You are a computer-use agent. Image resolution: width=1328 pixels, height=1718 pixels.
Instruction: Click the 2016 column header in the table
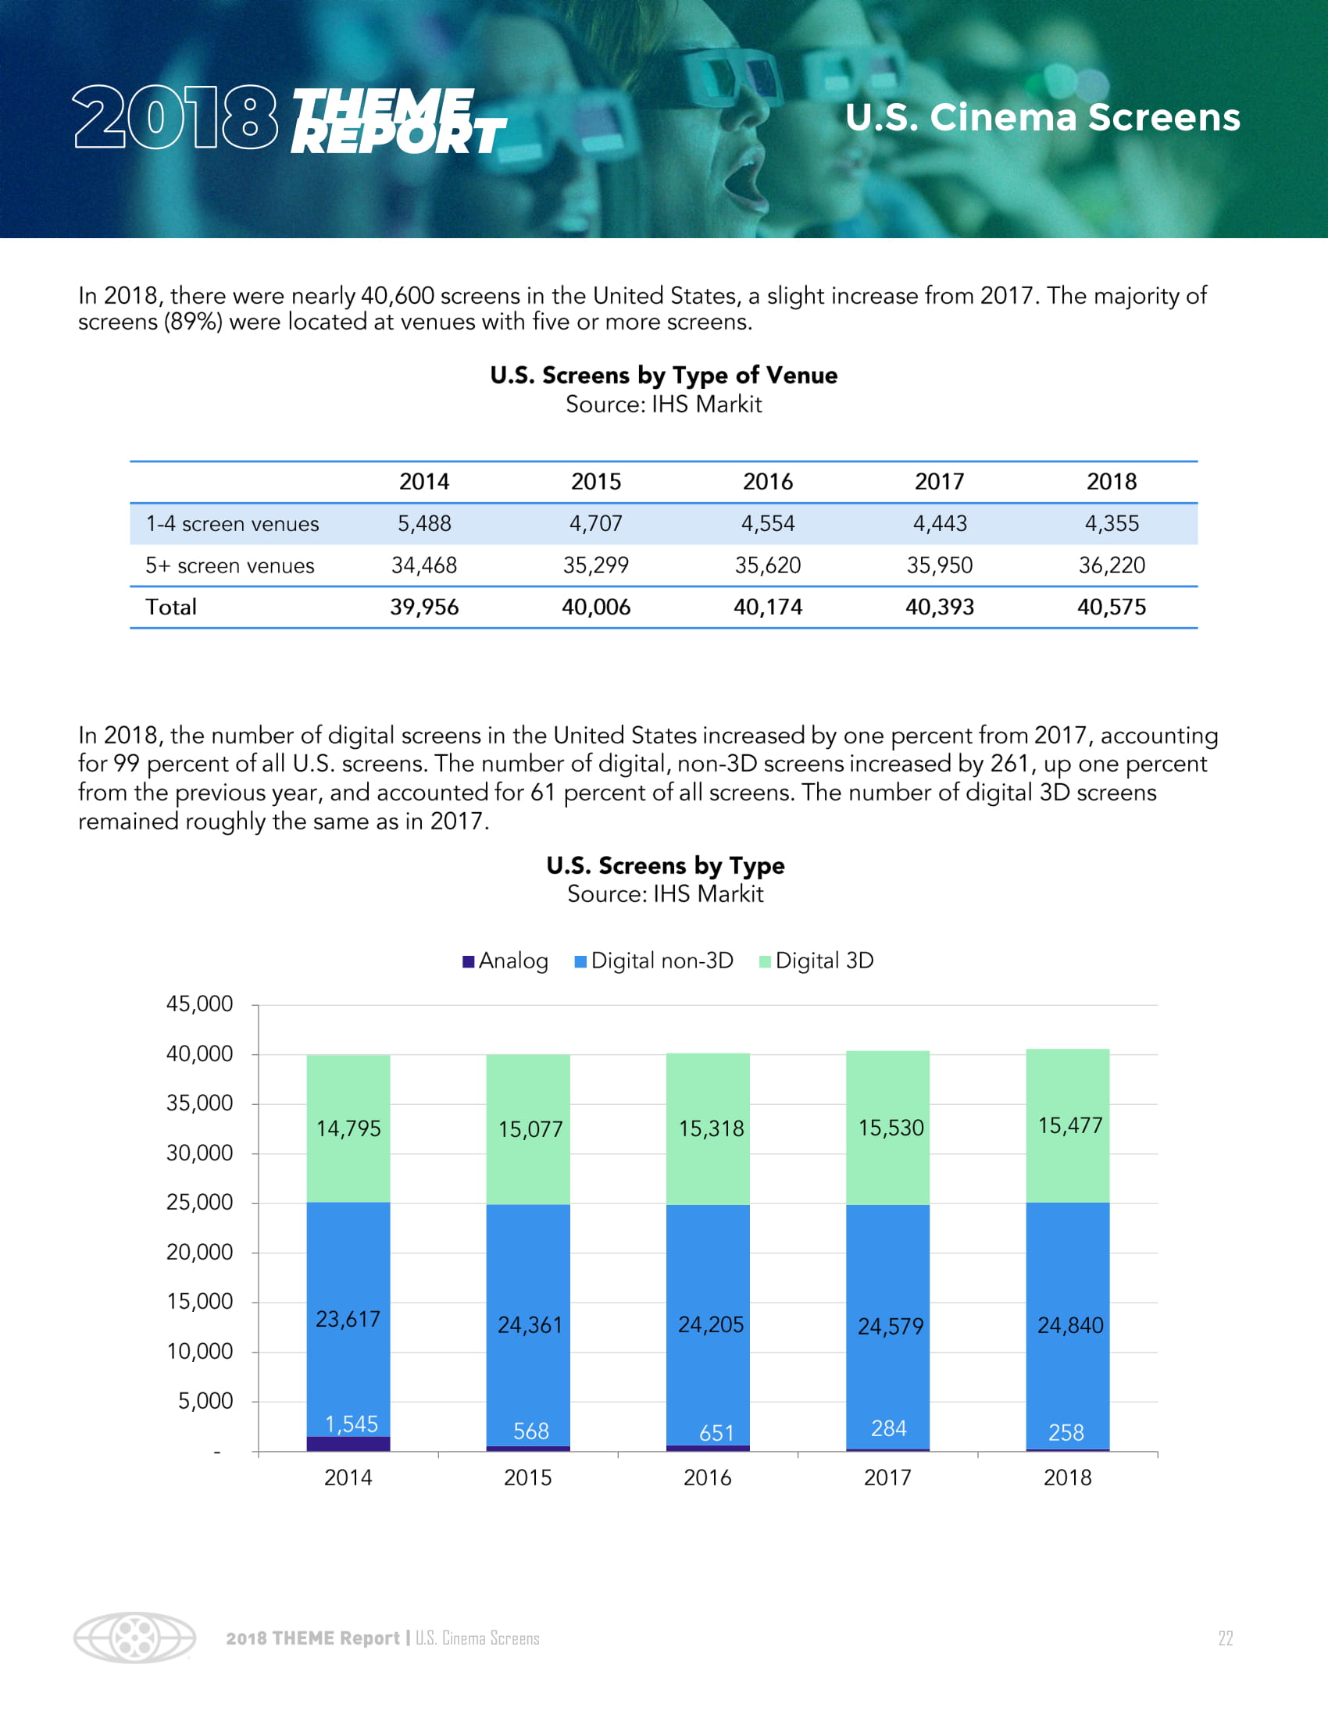click(768, 481)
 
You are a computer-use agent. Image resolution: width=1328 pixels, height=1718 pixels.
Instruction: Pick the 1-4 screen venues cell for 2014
click(424, 524)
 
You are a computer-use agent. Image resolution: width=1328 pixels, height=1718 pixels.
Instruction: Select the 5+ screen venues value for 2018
click(1111, 565)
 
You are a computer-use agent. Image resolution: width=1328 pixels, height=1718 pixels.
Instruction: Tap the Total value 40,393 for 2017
click(939, 608)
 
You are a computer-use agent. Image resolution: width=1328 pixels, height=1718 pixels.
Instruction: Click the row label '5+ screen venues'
click(230, 565)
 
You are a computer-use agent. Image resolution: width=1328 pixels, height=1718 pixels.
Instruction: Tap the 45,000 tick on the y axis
click(200, 1004)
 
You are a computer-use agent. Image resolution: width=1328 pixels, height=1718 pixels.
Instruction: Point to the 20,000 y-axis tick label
click(200, 1253)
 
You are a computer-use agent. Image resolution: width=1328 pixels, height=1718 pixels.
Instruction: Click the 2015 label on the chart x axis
click(528, 1478)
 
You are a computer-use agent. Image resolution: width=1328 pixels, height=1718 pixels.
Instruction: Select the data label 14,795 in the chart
click(348, 1130)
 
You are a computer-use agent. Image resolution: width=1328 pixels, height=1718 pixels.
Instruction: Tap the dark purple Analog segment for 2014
click(348, 1444)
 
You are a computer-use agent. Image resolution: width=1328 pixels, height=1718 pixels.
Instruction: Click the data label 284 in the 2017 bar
click(889, 1428)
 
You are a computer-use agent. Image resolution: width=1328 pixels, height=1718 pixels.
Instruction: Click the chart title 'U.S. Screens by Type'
click(666, 866)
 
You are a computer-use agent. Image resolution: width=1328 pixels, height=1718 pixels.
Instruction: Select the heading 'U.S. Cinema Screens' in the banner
click(1042, 118)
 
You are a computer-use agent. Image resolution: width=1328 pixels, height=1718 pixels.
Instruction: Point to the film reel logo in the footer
click(134, 1638)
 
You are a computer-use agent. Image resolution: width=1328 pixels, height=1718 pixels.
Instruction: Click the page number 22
click(1225, 1638)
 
